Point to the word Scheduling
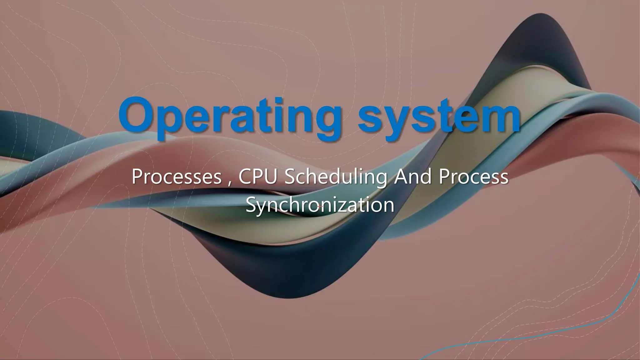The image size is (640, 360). pyautogui.click(x=335, y=177)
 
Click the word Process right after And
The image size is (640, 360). pyautogui.click(x=473, y=177)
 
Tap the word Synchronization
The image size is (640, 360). pyautogui.click(x=320, y=205)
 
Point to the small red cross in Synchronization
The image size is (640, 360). pyautogui.click(x=319, y=207)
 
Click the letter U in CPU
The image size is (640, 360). pyautogui.click(x=271, y=177)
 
